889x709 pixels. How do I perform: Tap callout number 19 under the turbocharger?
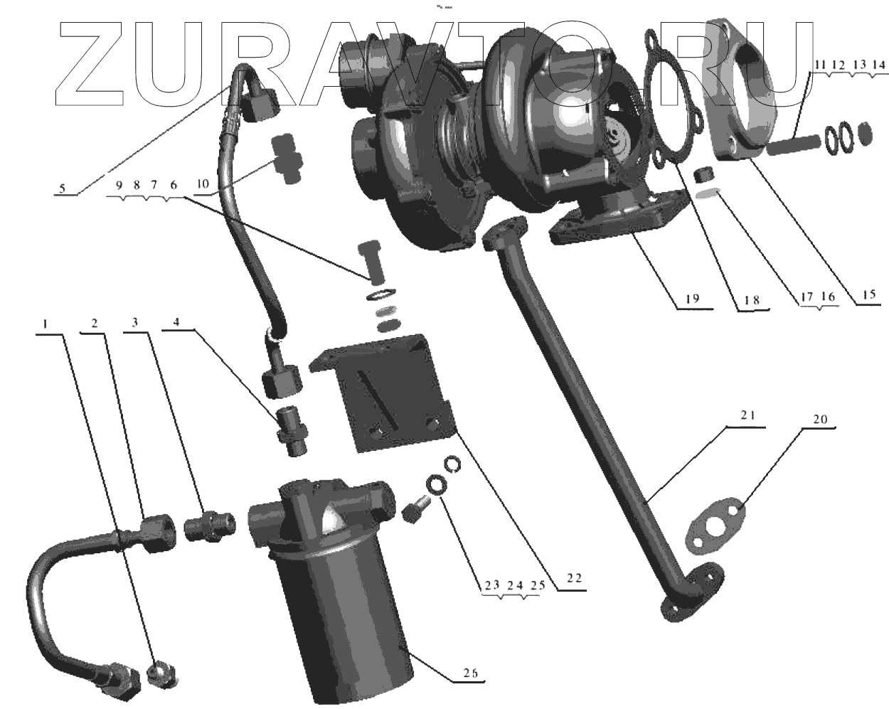(693, 298)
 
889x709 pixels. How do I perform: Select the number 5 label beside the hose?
(62, 188)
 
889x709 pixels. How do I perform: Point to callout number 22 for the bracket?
(574, 578)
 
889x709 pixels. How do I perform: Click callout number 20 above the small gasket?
(820, 420)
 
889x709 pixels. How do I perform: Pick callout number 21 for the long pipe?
(747, 415)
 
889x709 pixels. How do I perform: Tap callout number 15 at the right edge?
(869, 294)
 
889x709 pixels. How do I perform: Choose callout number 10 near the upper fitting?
(203, 183)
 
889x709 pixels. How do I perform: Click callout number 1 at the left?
(45, 324)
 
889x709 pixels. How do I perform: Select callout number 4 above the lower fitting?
(176, 321)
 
